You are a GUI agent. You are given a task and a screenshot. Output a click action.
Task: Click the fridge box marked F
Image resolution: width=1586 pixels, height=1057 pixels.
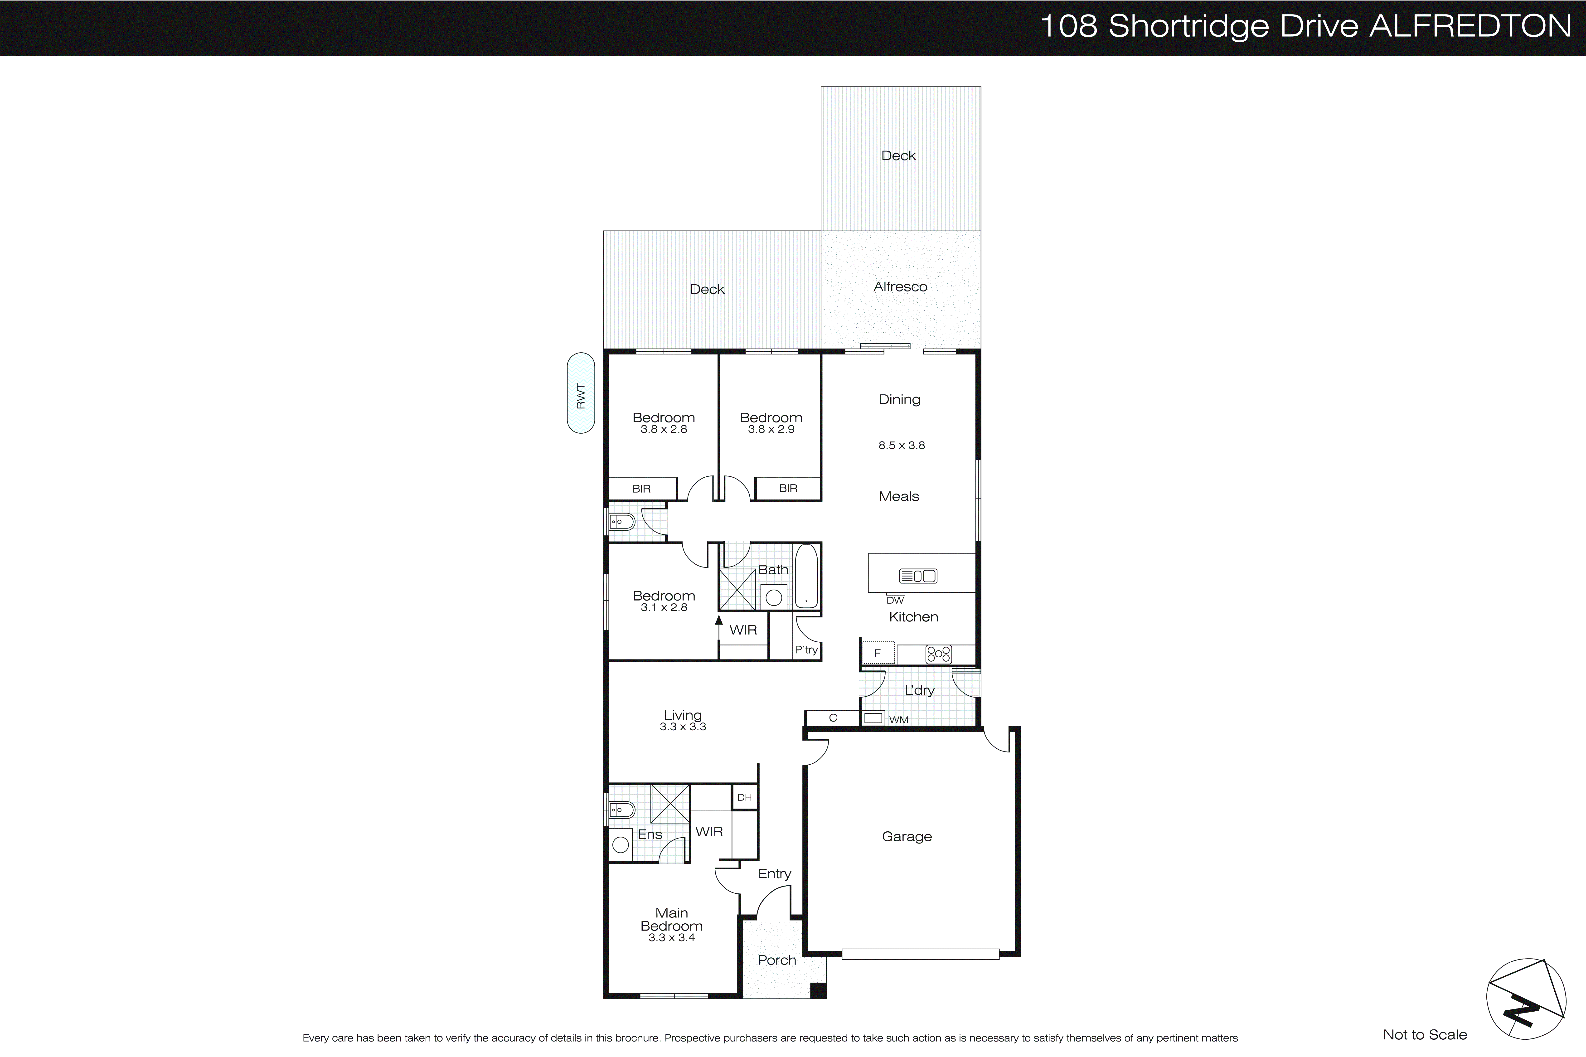pos(878,653)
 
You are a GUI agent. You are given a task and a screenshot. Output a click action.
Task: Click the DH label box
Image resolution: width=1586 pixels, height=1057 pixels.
pos(744,797)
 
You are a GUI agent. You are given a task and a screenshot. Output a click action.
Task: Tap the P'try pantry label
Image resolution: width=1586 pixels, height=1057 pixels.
pos(806,650)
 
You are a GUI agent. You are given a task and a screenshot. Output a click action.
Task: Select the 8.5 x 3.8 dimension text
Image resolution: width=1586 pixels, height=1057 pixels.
pos(901,446)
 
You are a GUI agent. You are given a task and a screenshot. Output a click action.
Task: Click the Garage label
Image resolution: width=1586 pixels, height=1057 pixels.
pos(907,837)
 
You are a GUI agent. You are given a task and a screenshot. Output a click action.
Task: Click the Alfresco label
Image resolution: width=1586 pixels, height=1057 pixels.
pos(900,287)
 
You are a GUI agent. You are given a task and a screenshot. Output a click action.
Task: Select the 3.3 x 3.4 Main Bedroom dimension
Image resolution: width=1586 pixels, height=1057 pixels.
pos(671,938)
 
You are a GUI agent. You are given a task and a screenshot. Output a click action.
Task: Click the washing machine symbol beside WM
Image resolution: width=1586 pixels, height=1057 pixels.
pos(873,718)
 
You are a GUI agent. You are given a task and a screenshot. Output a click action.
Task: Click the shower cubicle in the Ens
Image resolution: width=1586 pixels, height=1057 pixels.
pos(670,804)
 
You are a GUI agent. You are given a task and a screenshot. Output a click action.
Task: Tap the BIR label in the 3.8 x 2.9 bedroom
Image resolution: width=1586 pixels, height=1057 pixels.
pos(788,488)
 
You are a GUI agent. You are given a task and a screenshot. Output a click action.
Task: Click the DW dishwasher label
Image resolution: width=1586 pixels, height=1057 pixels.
pos(895,600)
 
